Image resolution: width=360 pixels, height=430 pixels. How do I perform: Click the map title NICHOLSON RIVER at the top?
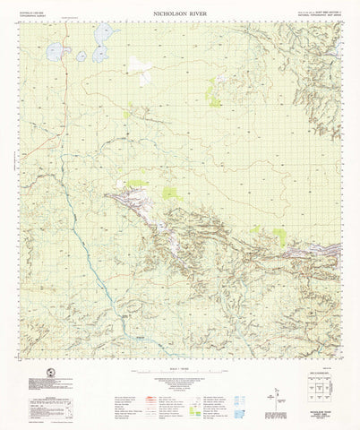point(180,14)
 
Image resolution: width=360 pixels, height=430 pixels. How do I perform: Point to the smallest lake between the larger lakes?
point(81,56)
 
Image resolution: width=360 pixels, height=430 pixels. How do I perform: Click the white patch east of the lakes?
point(139,65)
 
